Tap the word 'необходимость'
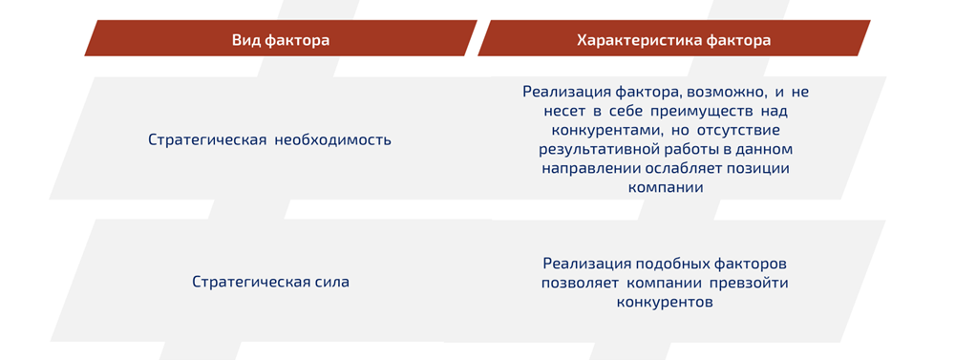[x=333, y=139]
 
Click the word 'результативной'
[x=593, y=150]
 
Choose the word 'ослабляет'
[x=676, y=169]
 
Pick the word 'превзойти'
[x=749, y=283]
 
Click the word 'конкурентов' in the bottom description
[x=665, y=302]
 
